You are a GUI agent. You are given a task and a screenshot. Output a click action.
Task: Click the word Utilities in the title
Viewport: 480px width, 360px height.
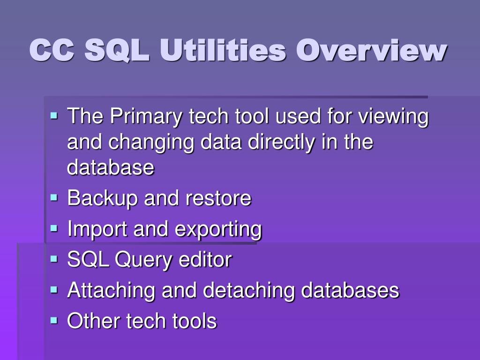coord(223,50)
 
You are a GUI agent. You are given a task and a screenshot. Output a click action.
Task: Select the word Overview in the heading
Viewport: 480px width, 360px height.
coord(371,50)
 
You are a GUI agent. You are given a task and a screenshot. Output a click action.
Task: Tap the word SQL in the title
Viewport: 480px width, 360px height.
coord(117,50)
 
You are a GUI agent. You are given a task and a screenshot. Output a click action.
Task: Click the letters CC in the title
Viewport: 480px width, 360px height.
coord(52,50)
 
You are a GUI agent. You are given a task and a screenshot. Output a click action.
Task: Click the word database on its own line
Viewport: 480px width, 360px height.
coord(111,167)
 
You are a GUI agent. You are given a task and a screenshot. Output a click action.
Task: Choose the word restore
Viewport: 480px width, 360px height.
coord(218,198)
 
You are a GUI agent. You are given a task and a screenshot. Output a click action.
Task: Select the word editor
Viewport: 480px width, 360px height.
coord(205,259)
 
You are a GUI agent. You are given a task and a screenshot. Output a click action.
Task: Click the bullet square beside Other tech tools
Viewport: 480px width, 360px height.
coord(54,320)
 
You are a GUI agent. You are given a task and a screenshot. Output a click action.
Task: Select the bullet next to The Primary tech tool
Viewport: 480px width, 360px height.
coord(54,116)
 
